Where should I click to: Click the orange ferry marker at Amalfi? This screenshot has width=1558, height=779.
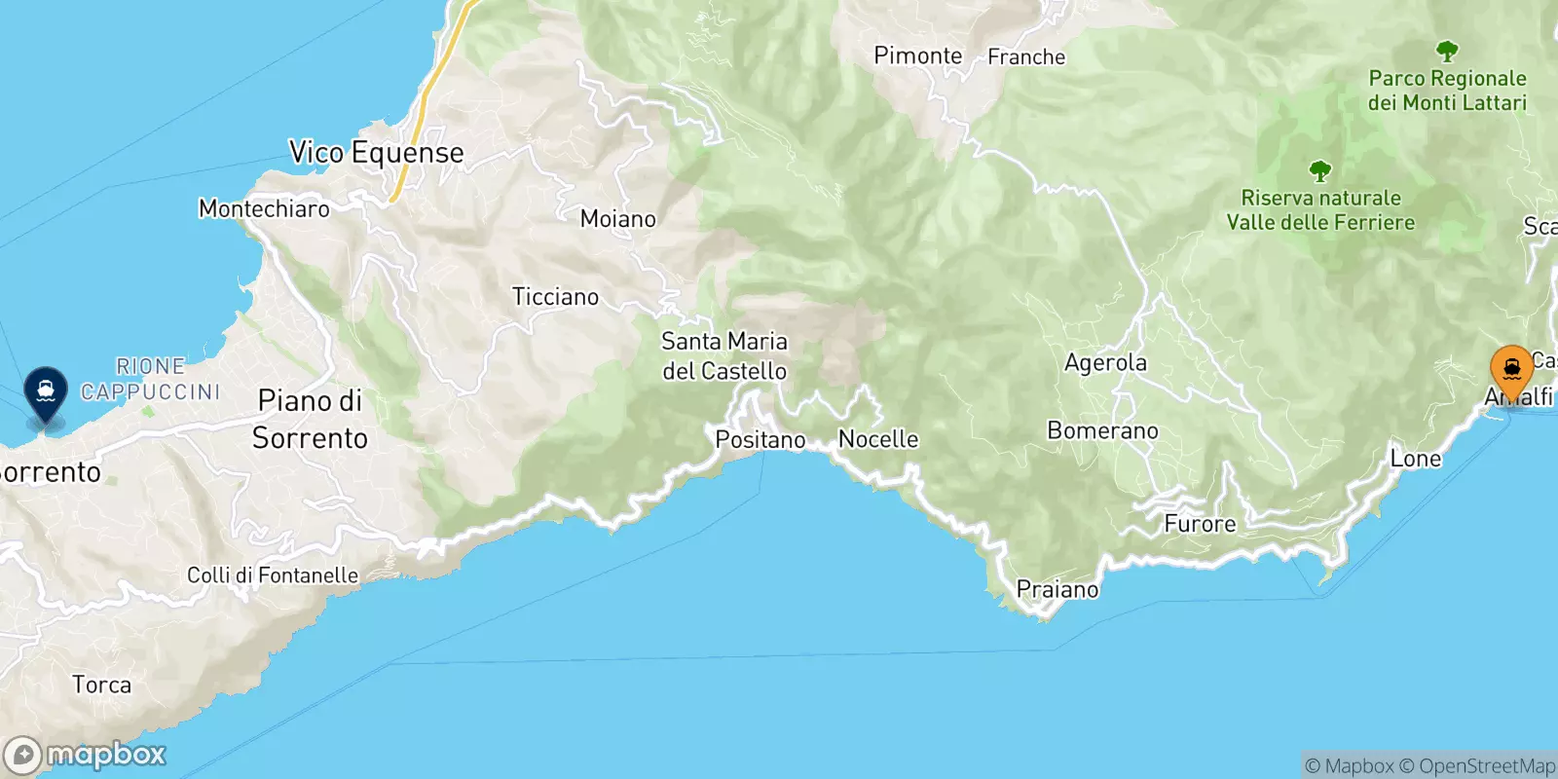[x=1511, y=371]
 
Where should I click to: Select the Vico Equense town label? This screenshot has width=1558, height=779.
[x=376, y=153]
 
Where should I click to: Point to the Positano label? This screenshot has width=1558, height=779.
[x=760, y=440]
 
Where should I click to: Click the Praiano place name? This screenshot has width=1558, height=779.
[x=1057, y=589]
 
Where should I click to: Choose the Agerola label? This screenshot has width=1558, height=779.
[x=1105, y=363]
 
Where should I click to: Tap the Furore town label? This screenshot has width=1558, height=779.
[x=1200, y=524]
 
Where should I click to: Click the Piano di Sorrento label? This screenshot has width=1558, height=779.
[x=310, y=420]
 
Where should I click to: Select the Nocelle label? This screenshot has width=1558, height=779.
[x=878, y=439]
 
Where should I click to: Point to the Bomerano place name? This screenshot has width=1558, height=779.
[x=1102, y=430]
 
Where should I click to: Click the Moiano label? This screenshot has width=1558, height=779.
[x=617, y=219]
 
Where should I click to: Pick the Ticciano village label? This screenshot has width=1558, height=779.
[x=555, y=297]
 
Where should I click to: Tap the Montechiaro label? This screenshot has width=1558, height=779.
[x=264, y=208]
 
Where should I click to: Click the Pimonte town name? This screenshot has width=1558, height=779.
[x=917, y=56]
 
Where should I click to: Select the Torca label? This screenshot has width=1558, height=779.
[x=101, y=685]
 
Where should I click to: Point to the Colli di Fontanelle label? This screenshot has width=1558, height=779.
[x=273, y=575]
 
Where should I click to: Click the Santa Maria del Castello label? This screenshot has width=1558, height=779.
[x=723, y=356]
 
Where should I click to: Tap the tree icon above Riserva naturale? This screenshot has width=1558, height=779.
[x=1319, y=172]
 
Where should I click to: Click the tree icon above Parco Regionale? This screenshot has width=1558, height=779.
[x=1447, y=51]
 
